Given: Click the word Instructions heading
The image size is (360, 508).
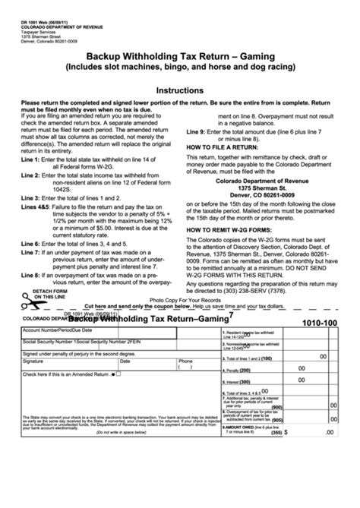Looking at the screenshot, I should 179,88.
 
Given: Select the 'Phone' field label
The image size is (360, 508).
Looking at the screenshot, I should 185,361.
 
